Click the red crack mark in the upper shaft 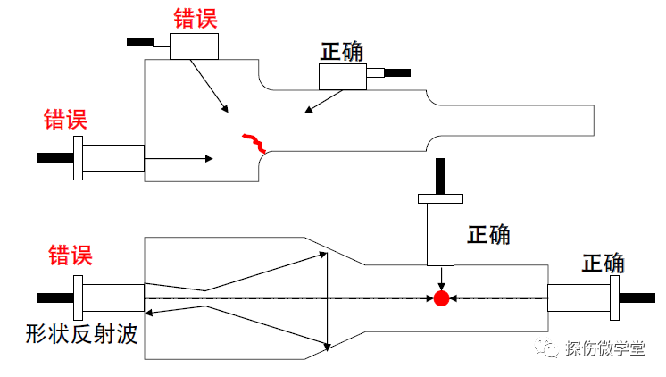click(254, 142)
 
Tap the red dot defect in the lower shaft click(440, 297)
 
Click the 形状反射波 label click(81, 334)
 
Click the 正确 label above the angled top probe click(342, 52)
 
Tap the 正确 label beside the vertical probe click(489, 235)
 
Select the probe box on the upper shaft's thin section click(345, 78)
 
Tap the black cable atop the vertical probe click(439, 175)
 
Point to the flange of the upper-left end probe click(79, 158)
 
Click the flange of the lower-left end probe click(79, 297)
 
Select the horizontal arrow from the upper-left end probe click(179, 159)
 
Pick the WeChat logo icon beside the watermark click(546, 348)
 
